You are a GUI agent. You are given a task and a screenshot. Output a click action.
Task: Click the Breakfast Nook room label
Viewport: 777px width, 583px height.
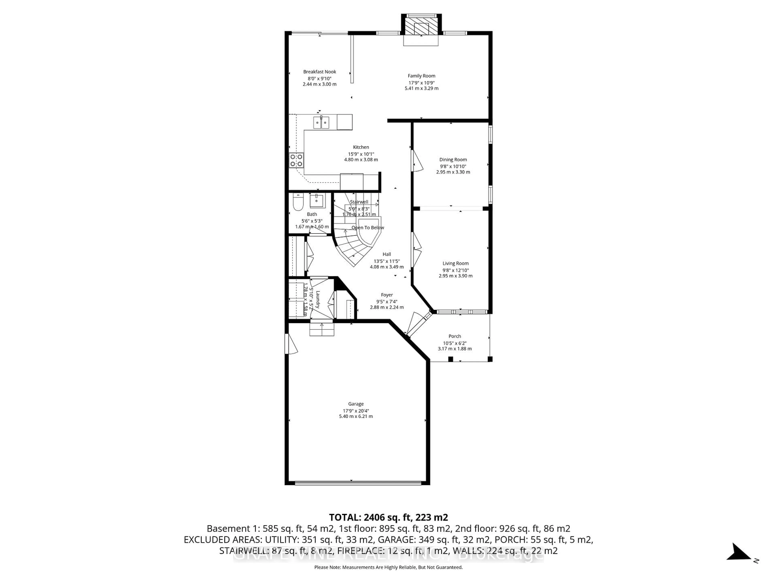[x=320, y=72]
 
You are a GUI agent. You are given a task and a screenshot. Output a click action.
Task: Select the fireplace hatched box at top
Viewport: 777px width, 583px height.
[x=421, y=26]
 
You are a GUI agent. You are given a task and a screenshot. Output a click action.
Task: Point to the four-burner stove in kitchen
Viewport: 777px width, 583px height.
[x=296, y=160]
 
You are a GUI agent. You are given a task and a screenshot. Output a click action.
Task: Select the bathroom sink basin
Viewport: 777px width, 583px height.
[x=317, y=201]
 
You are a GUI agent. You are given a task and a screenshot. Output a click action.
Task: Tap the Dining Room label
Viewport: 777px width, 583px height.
[x=453, y=160]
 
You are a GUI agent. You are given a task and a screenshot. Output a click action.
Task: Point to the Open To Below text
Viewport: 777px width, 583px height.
[x=368, y=228]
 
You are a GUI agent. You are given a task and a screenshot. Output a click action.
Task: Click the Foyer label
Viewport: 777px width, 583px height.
[x=387, y=295]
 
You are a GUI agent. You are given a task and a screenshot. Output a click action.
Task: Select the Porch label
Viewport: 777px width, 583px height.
[x=454, y=336]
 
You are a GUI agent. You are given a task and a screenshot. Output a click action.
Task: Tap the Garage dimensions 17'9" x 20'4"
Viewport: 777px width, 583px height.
[x=356, y=411]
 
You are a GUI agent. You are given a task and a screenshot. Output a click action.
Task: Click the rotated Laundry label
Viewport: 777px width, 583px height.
[x=317, y=299]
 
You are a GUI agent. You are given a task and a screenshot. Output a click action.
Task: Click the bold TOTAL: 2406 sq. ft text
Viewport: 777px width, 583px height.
[x=388, y=517]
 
